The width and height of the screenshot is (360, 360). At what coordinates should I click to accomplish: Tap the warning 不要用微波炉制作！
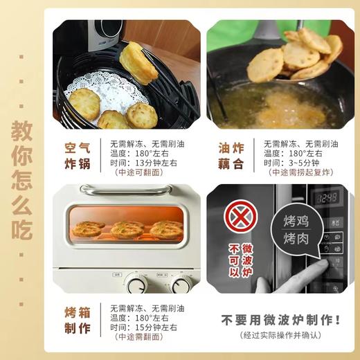(280, 320)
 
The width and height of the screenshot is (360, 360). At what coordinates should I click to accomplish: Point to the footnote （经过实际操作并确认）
(281, 336)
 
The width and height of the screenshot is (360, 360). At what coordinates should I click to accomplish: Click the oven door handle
(127, 189)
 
